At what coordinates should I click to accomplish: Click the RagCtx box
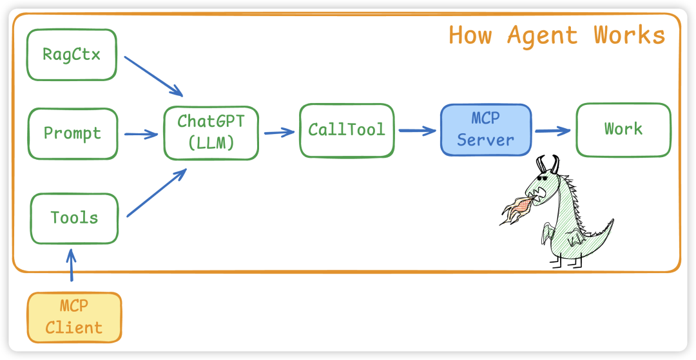[x=72, y=54]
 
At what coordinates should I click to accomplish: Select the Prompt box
[x=73, y=134]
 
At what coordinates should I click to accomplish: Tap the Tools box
[x=75, y=218]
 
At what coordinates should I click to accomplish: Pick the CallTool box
[x=346, y=130]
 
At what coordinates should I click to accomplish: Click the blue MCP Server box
[x=486, y=130]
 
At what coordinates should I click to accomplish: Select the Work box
[x=623, y=129]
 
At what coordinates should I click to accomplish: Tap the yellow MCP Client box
[x=74, y=317]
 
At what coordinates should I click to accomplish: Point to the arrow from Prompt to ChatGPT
[x=140, y=134]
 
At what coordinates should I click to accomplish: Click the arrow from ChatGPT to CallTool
[x=278, y=133]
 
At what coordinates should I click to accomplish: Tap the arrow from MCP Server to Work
[x=553, y=131]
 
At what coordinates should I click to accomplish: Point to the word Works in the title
[x=629, y=35]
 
